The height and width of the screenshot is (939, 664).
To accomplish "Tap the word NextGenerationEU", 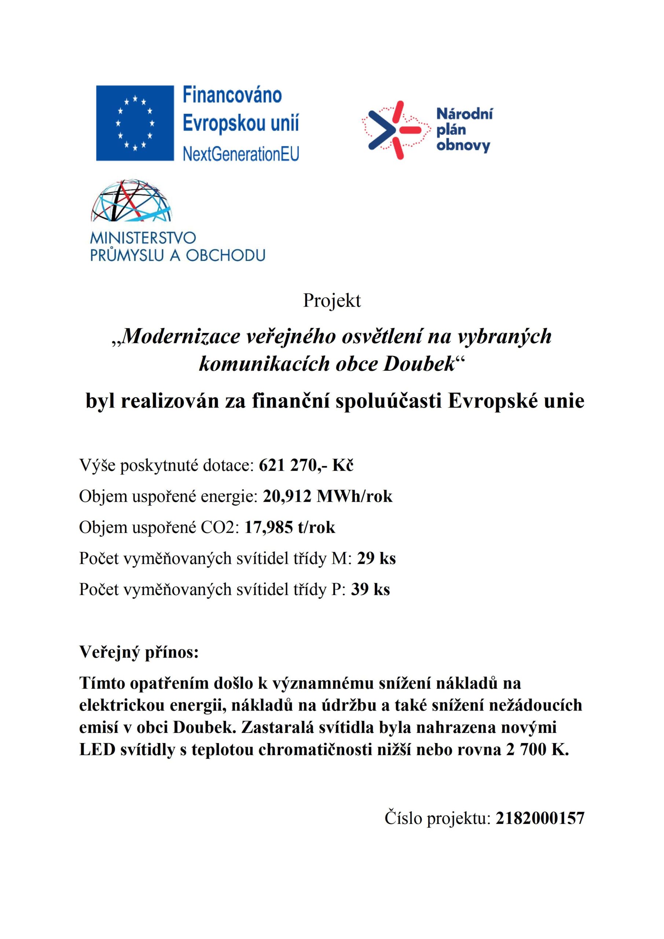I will click(x=241, y=154).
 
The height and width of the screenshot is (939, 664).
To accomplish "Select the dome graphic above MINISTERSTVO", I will click(x=131, y=201).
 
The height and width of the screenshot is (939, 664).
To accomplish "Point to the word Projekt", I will click(x=331, y=301).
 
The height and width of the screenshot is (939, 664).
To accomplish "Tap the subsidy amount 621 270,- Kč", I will click(x=306, y=465).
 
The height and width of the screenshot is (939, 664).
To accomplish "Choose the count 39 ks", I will click(x=370, y=590).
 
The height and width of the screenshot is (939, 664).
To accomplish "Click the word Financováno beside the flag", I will click(x=232, y=95).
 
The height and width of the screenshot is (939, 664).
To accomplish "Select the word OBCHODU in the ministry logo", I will click(x=225, y=255).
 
